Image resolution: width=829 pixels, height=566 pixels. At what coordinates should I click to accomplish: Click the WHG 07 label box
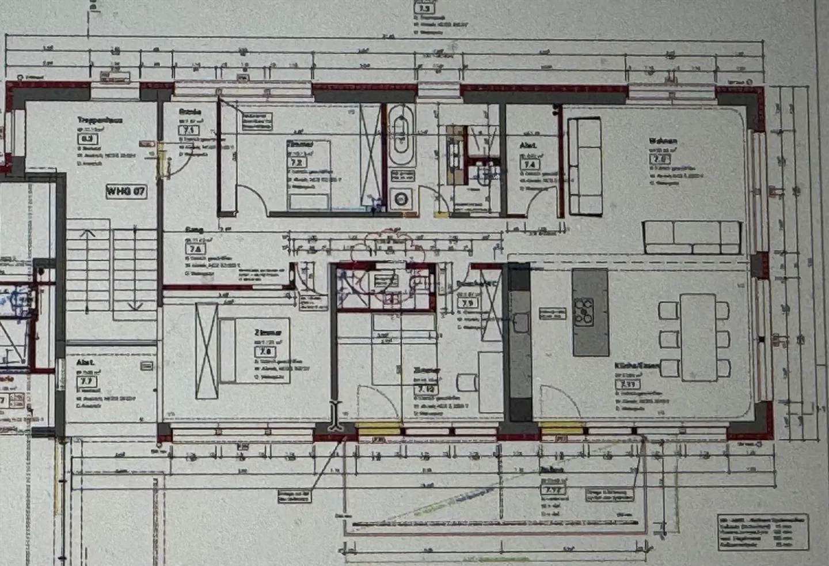pyautogui.click(x=126, y=191)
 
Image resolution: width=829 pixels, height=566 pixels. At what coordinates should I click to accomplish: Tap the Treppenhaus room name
pyautogui.click(x=100, y=120)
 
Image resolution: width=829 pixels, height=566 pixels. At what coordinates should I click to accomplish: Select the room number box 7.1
pyautogui.click(x=188, y=130)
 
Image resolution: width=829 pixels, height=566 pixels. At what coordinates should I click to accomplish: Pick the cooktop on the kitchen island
pyautogui.click(x=584, y=310)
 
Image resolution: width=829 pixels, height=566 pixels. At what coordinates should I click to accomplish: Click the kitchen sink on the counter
pyautogui.click(x=521, y=322)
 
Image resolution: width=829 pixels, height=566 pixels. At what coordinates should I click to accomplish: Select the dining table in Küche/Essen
pyautogui.click(x=698, y=337)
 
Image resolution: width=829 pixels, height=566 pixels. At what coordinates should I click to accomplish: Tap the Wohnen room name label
pyautogui.click(x=663, y=141)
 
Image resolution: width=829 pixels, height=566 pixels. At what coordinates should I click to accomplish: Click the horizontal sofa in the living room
pyautogui.click(x=691, y=237)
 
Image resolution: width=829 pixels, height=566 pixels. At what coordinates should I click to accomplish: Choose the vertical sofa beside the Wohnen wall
pyautogui.click(x=584, y=166)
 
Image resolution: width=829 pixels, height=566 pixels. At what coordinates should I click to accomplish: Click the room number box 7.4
pyautogui.click(x=528, y=165)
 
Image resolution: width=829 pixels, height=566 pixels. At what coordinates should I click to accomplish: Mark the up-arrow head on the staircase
pyautogui.click(x=88, y=233)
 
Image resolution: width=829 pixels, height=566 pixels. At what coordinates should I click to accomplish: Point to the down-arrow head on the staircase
pyautogui.click(x=135, y=305)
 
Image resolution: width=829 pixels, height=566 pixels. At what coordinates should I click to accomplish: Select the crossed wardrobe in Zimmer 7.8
pyautogui.click(x=207, y=350)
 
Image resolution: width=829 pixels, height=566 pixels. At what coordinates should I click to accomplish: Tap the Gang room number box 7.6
pyautogui.click(x=195, y=249)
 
